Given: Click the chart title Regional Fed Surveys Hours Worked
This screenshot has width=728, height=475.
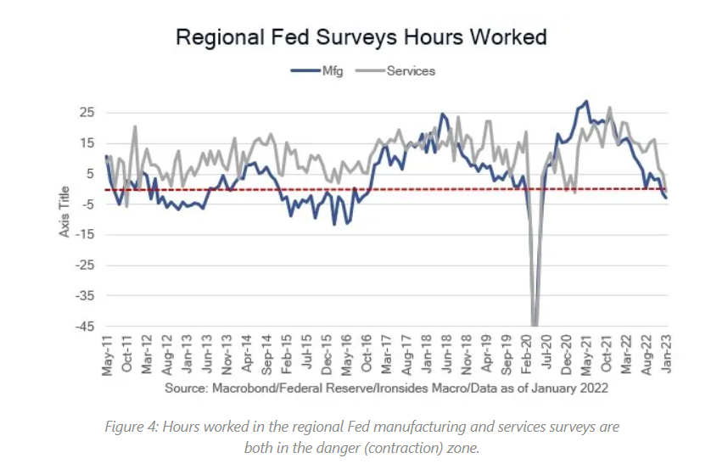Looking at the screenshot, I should click(x=361, y=38).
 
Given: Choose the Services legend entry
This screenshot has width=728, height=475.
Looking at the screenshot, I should click(x=410, y=71).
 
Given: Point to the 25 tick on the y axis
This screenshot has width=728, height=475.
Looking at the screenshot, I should click(x=85, y=112).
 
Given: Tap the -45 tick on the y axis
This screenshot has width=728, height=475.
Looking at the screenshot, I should click(x=83, y=327).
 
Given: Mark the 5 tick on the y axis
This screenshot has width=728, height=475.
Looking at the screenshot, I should click(x=87, y=174).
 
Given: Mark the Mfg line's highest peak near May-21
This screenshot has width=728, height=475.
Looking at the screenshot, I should click(x=585, y=102).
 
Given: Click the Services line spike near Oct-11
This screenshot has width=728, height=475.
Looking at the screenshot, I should click(x=135, y=127).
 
